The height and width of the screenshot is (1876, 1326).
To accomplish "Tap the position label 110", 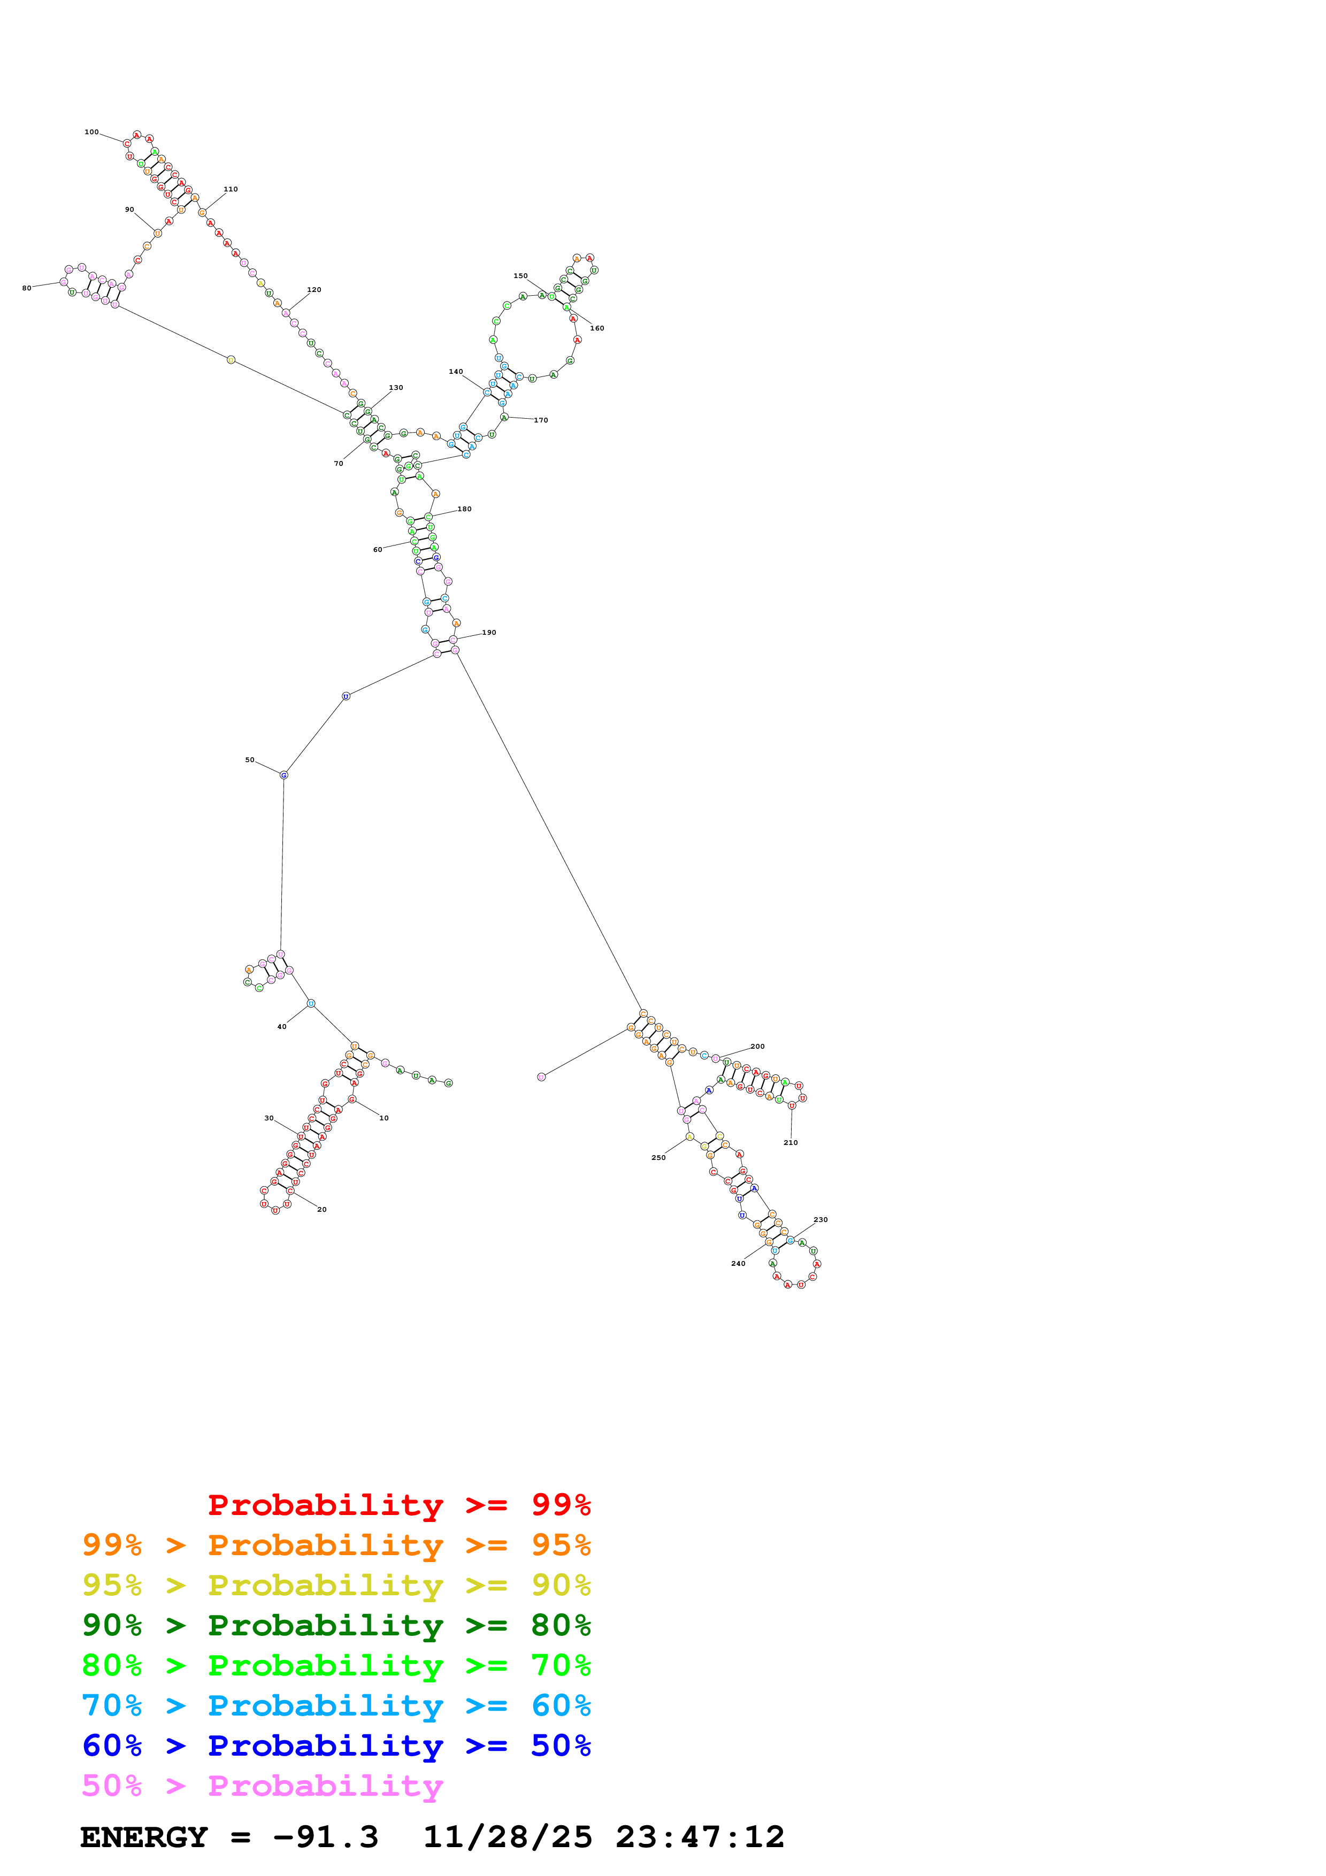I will point(231,189).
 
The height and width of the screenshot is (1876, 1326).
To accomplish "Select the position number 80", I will point(27,288).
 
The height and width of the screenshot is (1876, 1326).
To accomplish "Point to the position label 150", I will point(520,276).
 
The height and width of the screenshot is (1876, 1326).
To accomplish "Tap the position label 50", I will point(250,760).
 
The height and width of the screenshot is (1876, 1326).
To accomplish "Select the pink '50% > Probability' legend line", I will point(262,1786).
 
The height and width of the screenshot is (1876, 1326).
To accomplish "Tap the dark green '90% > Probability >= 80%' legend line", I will point(336,1625).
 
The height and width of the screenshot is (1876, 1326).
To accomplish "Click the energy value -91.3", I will point(326,1837).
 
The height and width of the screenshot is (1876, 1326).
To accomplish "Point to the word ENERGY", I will point(144,1837).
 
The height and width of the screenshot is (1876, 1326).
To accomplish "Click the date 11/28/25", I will point(508,1837).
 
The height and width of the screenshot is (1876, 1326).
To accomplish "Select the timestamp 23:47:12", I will point(700,1837).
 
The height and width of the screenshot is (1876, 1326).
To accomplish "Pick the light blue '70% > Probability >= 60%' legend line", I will point(336,1706).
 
